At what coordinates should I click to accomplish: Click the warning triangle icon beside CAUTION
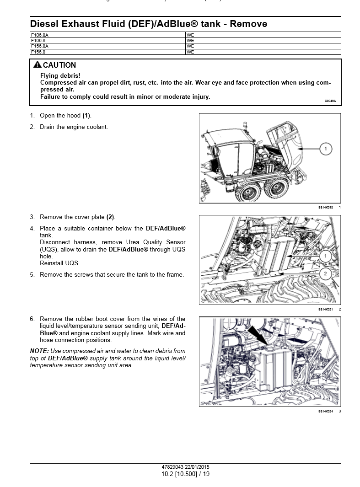click(38, 65)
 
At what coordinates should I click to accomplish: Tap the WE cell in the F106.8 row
click(190, 40)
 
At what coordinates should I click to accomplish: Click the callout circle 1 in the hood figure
click(325, 149)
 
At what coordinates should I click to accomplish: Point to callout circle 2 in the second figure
click(325, 274)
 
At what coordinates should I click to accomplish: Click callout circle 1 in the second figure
click(325, 257)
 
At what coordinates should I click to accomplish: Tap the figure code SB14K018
click(325, 207)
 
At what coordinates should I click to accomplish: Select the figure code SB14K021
click(325, 309)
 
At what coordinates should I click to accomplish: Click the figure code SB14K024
click(325, 411)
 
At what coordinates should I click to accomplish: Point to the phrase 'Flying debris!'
click(60, 75)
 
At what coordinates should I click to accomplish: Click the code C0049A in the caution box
click(330, 101)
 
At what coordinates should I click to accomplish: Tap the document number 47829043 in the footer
click(172, 467)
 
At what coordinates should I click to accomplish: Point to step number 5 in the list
click(32, 275)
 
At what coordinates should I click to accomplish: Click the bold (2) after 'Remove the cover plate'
click(111, 217)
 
